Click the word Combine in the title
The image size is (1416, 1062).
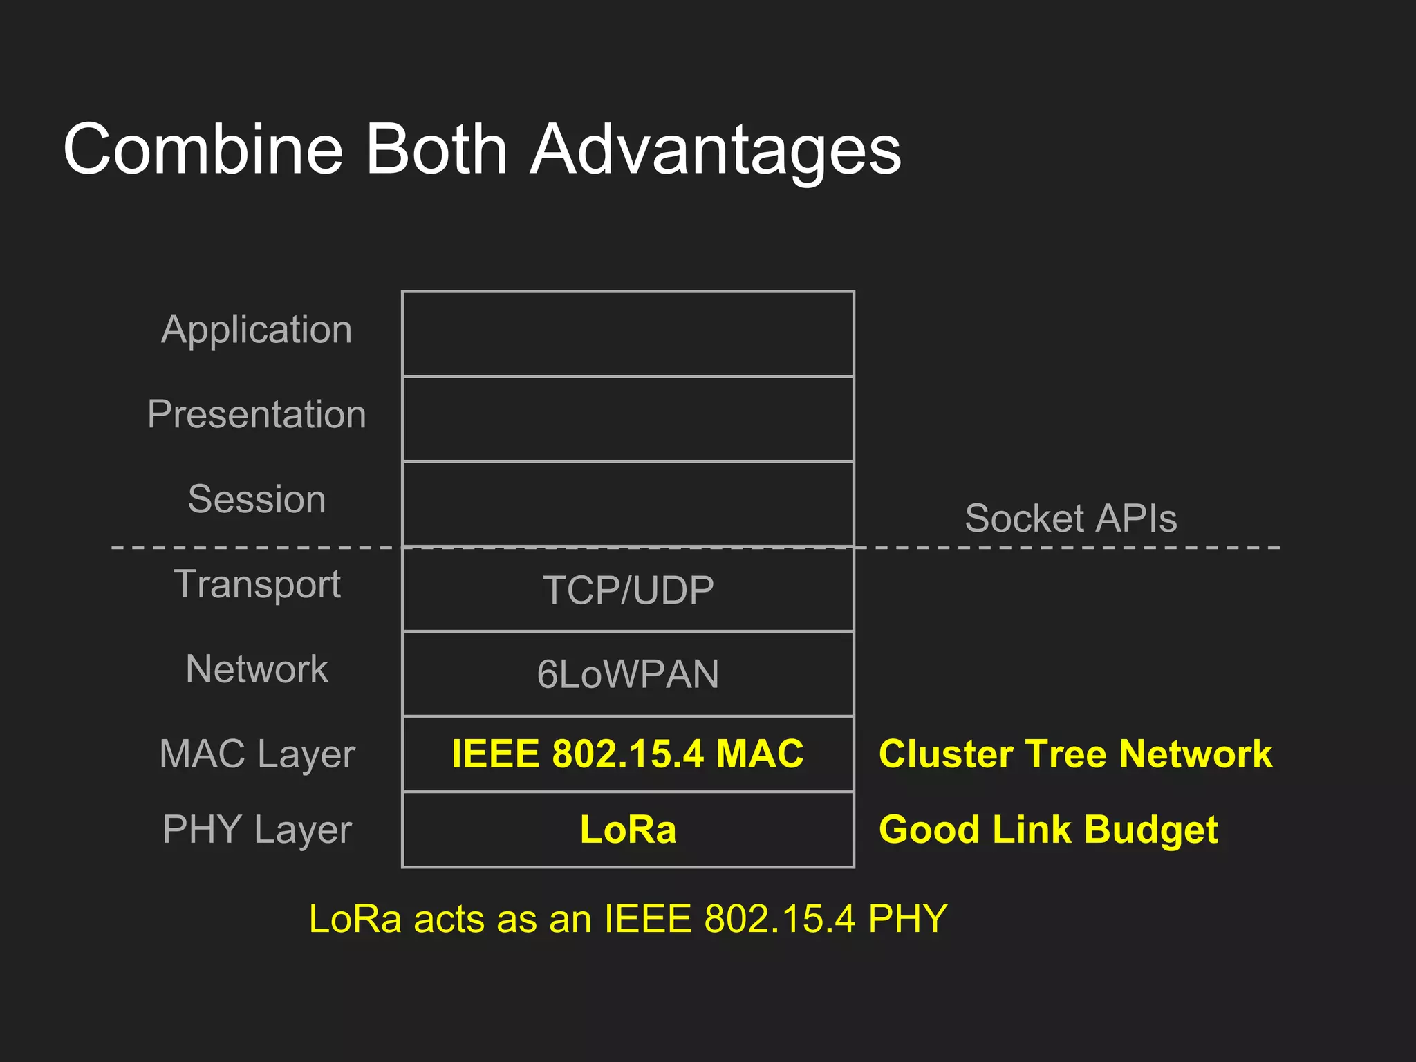pos(203,149)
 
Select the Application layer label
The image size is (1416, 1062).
pos(257,330)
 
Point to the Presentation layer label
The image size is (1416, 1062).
pos(257,415)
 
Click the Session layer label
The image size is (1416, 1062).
pos(257,499)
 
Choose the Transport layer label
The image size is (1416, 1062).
pos(257,584)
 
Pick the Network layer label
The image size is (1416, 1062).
pos(257,669)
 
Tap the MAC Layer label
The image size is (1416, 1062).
pos(257,754)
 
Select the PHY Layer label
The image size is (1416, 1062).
pos(257,830)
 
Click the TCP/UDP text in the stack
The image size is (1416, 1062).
pos(628,590)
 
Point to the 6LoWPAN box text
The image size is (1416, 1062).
pos(628,675)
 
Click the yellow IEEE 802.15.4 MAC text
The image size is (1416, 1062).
pos(628,754)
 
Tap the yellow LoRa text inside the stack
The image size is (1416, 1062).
pos(628,830)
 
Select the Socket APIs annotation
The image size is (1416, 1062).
pos(1070,519)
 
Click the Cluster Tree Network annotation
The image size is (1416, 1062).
pos(1075,754)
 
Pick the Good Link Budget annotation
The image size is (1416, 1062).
pos(1047,830)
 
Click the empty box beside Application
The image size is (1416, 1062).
pos(628,334)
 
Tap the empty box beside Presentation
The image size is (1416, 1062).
pos(628,419)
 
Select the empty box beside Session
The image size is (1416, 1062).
pos(628,503)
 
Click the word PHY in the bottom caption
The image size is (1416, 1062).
pos(907,920)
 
